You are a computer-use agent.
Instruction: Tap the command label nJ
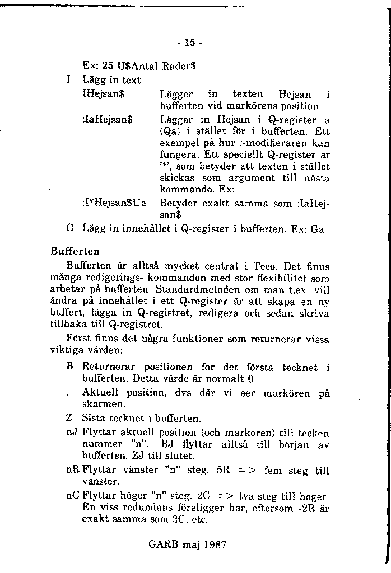(x=71, y=433)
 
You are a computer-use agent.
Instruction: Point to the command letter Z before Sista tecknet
(x=69, y=417)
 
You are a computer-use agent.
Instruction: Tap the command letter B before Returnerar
(x=69, y=367)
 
